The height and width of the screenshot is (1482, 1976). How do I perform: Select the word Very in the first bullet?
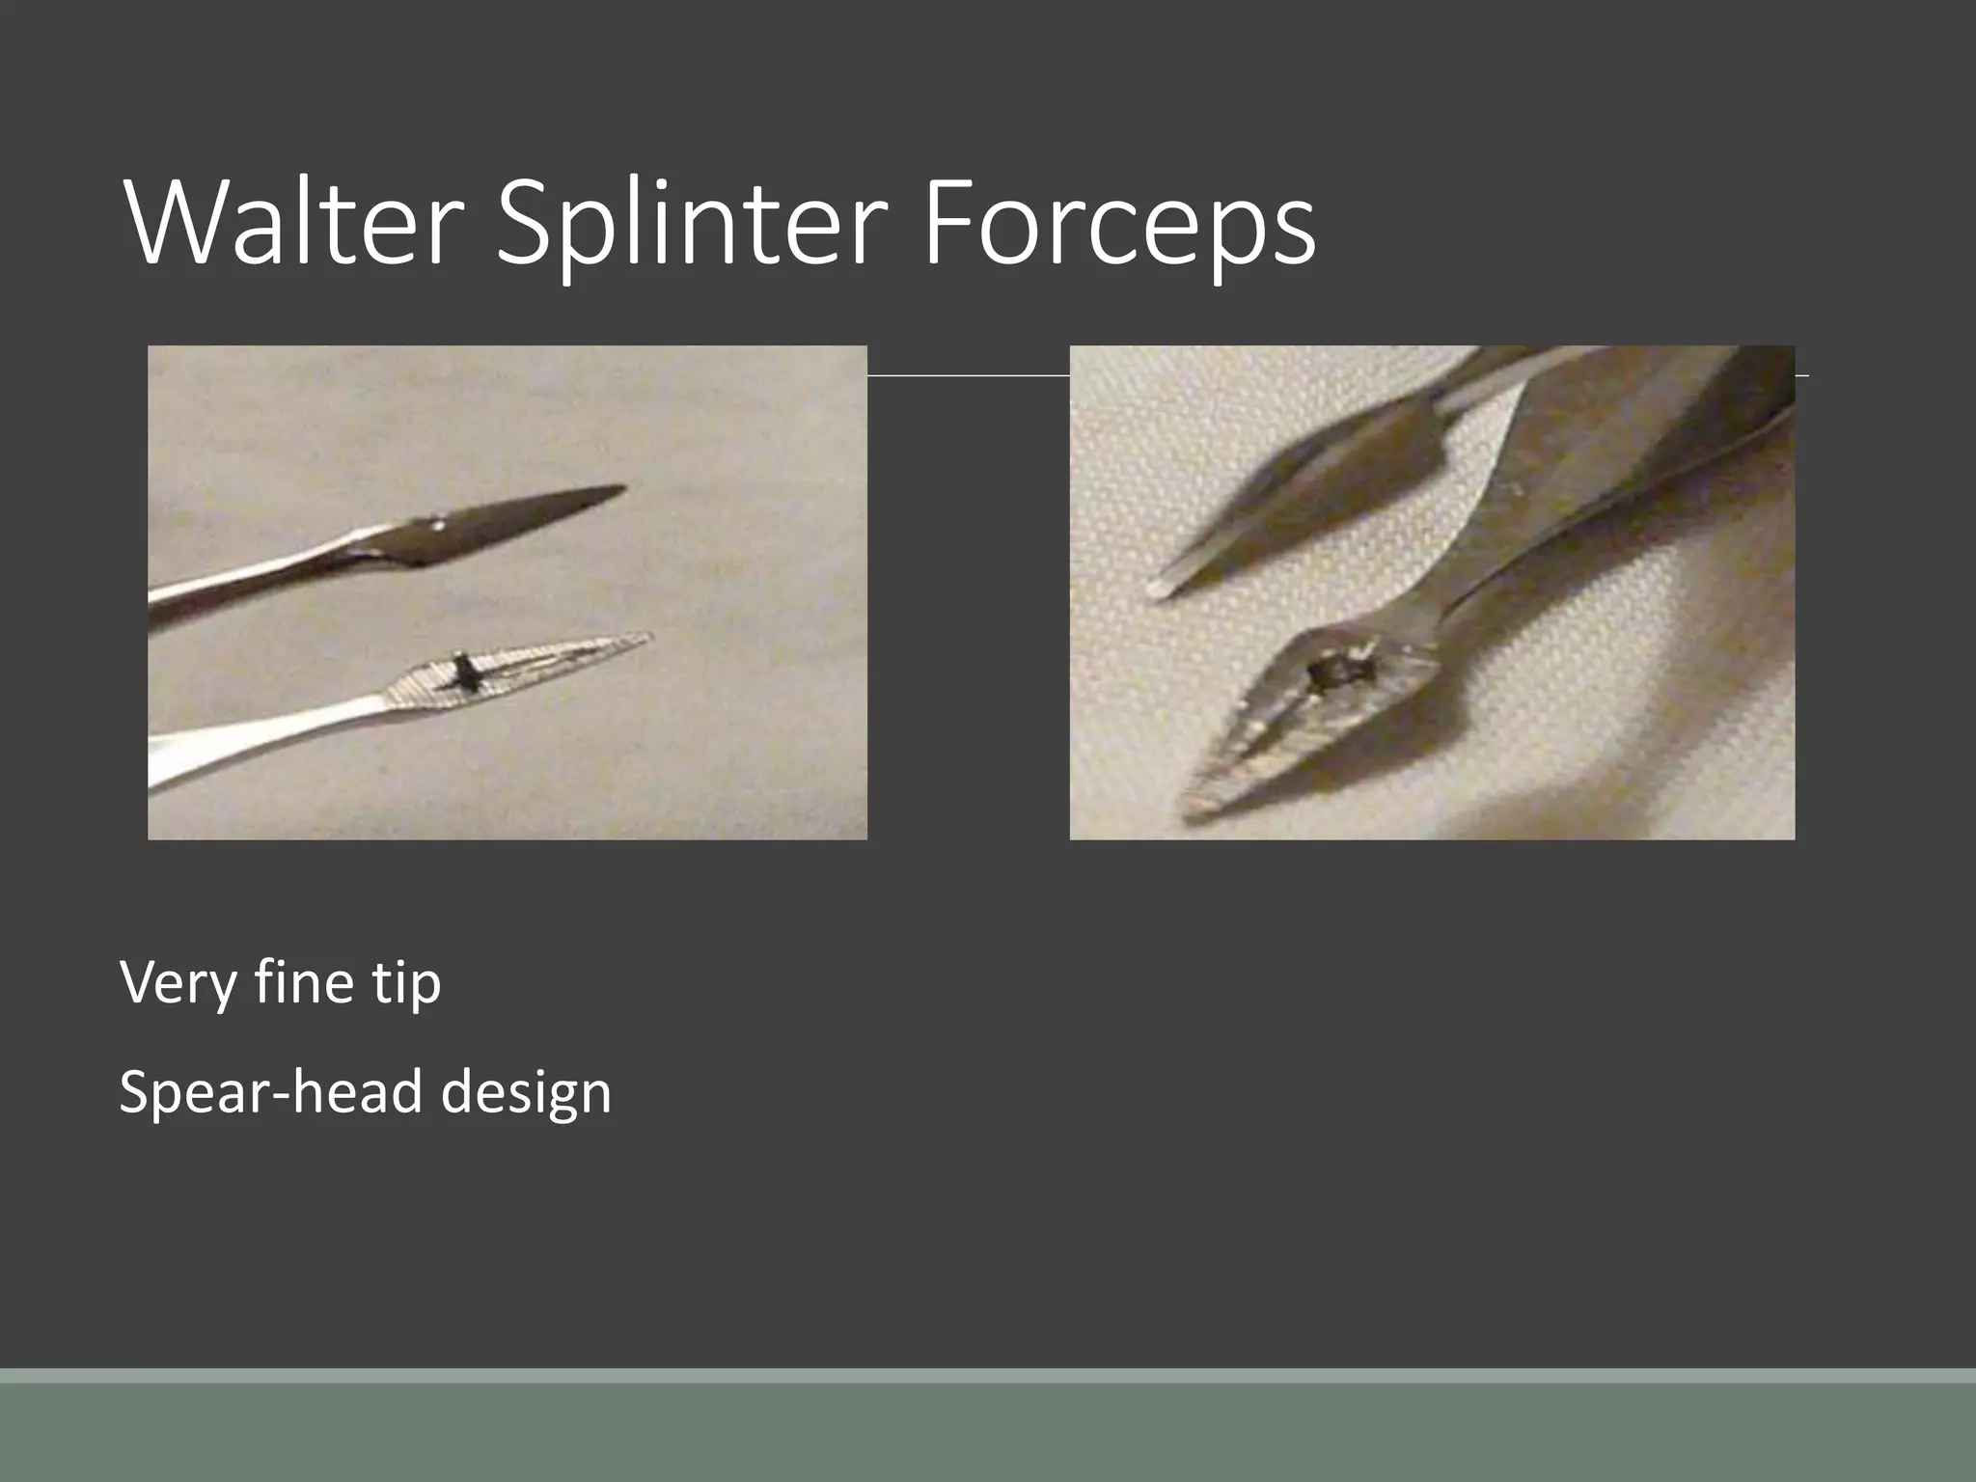[178, 982]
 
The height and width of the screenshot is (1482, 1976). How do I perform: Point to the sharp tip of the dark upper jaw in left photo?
[622, 488]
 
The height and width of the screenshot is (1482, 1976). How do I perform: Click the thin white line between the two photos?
[968, 374]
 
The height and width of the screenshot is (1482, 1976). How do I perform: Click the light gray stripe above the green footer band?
[988, 1376]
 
